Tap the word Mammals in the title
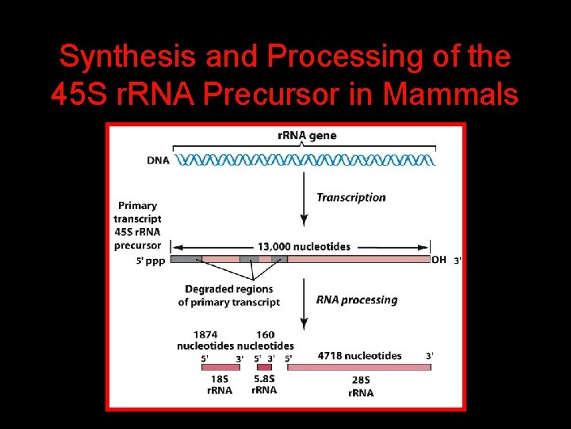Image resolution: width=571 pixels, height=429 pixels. (450, 94)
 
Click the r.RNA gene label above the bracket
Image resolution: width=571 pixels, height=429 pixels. (306, 135)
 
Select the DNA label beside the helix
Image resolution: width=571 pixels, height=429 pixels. (158, 160)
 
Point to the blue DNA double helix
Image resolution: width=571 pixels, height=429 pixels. (305, 160)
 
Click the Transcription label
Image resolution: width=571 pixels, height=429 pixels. (351, 197)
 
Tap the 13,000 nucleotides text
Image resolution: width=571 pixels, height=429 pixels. (303, 246)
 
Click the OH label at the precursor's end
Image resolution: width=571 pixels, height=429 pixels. (439, 259)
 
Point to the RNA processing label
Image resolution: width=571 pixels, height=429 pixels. (356, 300)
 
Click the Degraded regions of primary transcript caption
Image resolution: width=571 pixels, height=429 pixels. (228, 296)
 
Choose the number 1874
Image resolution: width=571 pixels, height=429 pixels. (205, 334)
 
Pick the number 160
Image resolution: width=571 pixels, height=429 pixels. (265, 334)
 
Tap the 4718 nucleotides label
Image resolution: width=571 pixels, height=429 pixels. (359, 355)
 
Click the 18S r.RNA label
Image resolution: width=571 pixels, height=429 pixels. (219, 385)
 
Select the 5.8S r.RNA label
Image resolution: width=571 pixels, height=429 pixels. (264, 385)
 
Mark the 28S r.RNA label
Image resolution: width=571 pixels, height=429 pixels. (361, 387)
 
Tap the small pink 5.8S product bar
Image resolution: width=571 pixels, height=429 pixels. (264, 367)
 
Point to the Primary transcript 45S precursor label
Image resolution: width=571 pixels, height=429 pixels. (137, 225)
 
